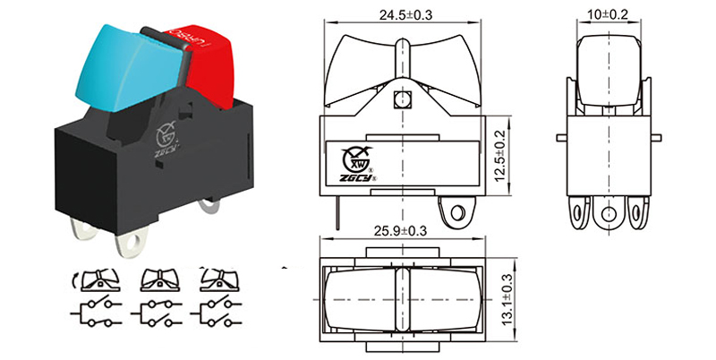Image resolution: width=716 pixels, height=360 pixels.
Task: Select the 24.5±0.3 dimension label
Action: click(x=406, y=15)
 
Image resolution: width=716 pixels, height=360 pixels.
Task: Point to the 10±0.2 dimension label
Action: click(x=609, y=15)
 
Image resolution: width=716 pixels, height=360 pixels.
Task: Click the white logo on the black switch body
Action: click(x=166, y=139)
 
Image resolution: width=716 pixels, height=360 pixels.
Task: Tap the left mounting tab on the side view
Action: click(x=561, y=137)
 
